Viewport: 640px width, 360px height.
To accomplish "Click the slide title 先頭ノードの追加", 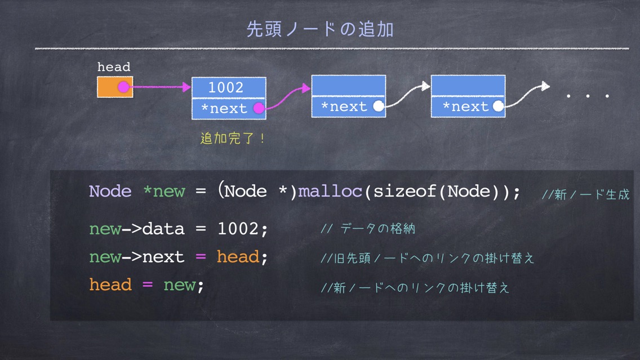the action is [x=320, y=29].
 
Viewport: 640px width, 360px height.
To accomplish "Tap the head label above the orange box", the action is [x=114, y=66].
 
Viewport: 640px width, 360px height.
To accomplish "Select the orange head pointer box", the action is [x=115, y=87].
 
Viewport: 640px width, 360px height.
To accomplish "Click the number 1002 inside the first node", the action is [x=226, y=87].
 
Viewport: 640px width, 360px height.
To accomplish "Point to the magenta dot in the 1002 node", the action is [x=259, y=108].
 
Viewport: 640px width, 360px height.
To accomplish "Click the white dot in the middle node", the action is [x=379, y=106].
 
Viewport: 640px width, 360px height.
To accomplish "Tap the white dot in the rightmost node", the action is [x=498, y=106].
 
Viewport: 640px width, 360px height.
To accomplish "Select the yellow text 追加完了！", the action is [x=233, y=139].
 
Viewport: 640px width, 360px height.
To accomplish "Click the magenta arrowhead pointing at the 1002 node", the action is [x=186, y=87].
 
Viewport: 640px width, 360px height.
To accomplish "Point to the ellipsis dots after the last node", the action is [x=588, y=96].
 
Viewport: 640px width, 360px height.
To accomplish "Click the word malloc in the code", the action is [x=330, y=192].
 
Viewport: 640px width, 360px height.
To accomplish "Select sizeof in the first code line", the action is [x=405, y=192].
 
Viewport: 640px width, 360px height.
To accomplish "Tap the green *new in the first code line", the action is [x=164, y=192].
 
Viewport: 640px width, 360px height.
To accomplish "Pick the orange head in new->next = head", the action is [x=238, y=257].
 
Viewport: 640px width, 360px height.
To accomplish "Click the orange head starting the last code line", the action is [x=110, y=285].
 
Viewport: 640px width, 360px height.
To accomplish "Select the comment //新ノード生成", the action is [x=585, y=195].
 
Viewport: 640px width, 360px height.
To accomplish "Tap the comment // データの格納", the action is [x=368, y=229].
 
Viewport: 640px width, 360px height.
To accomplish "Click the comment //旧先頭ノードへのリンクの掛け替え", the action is [x=428, y=258].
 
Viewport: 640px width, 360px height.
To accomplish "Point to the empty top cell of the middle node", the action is [x=349, y=85].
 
